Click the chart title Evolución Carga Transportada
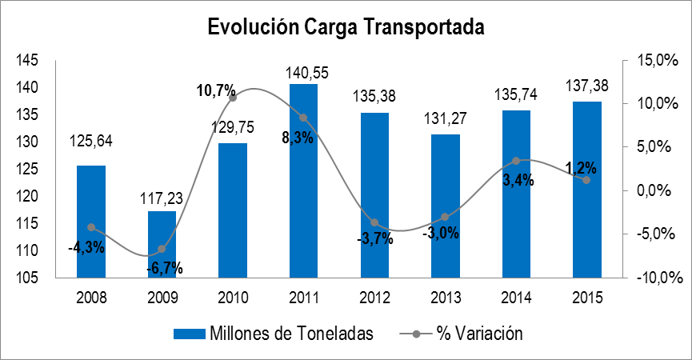346,27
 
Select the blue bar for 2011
303,181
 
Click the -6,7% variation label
164,267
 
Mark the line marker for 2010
233,98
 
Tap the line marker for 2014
516,161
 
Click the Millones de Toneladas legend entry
272,334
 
